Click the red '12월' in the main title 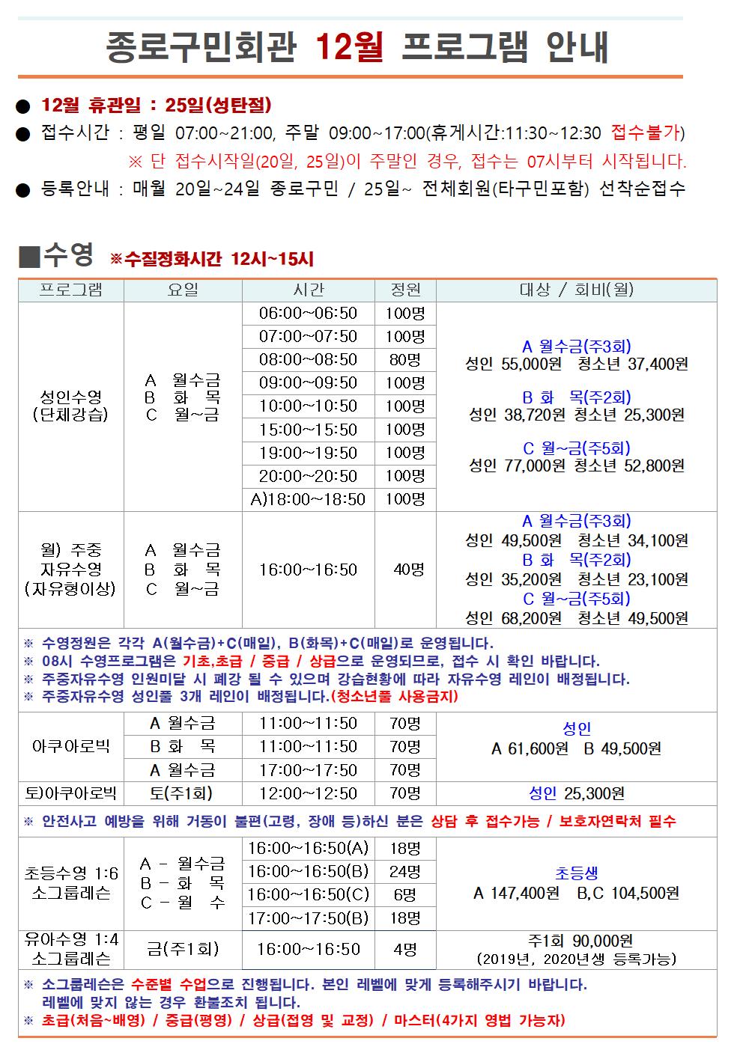click(349, 47)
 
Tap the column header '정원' click(405, 290)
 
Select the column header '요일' click(183, 290)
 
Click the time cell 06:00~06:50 click(308, 314)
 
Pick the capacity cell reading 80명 click(405, 360)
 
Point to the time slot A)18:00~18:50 click(308, 499)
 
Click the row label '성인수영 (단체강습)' click(70, 406)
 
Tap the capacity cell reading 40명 click(409, 570)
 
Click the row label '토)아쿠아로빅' click(70, 793)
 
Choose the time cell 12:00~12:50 click(308, 793)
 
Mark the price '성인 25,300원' click(577, 793)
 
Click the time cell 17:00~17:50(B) click(308, 918)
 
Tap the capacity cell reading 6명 click(404, 895)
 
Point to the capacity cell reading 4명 click(405, 950)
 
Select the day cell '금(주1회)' click(183, 950)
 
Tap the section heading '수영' click(68, 255)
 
